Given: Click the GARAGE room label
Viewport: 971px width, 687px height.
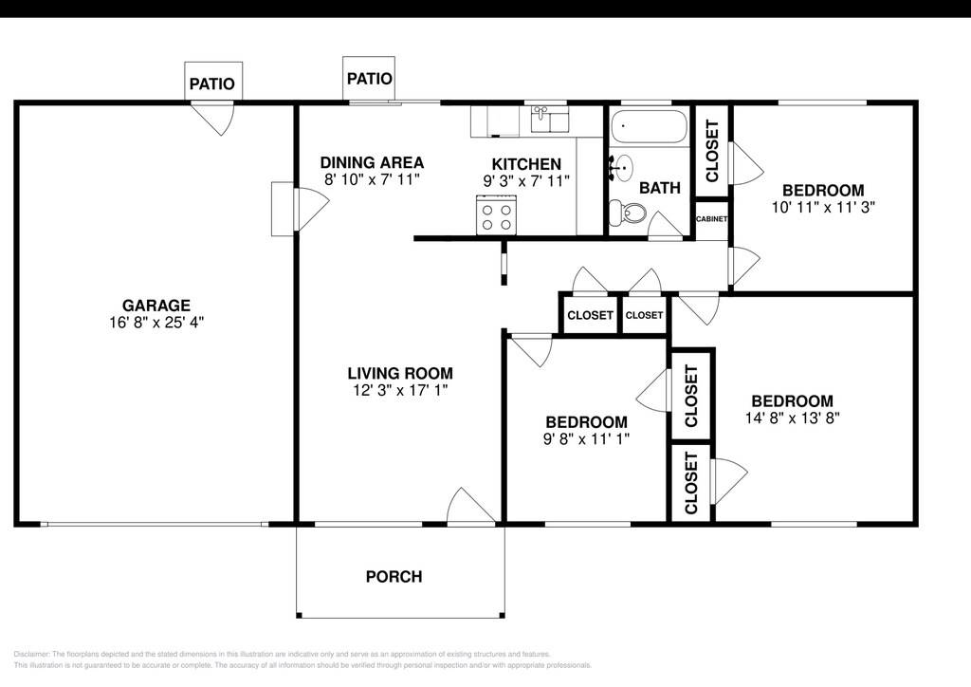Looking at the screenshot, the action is click(156, 306).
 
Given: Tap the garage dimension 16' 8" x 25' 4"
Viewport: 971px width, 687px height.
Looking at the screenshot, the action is click(156, 322).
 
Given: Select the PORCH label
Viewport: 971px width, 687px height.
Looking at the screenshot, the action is click(394, 577).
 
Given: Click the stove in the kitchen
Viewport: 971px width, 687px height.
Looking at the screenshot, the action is click(496, 215).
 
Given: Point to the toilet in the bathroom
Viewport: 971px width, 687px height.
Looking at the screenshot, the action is click(628, 213).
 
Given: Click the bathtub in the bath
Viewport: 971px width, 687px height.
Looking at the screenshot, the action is click(649, 127).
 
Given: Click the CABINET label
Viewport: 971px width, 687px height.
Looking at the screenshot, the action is click(711, 219).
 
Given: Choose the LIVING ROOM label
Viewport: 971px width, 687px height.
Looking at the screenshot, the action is click(400, 374).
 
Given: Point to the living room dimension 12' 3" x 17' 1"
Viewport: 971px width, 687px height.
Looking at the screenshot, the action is click(400, 390).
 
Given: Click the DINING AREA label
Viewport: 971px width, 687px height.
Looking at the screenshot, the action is click(372, 163).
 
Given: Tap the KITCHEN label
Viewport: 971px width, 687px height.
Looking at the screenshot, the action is click(526, 164).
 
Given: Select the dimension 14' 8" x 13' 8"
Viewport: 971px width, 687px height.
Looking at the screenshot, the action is click(793, 418).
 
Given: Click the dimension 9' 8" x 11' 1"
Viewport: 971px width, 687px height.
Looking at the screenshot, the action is click(586, 439).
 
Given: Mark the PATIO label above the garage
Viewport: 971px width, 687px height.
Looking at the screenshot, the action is click(212, 84).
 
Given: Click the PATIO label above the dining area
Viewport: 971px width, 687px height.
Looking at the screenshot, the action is click(370, 79).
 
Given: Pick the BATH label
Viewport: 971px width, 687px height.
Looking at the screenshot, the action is click(660, 188).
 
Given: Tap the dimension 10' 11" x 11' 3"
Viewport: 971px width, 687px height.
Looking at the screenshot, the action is click(823, 208).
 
